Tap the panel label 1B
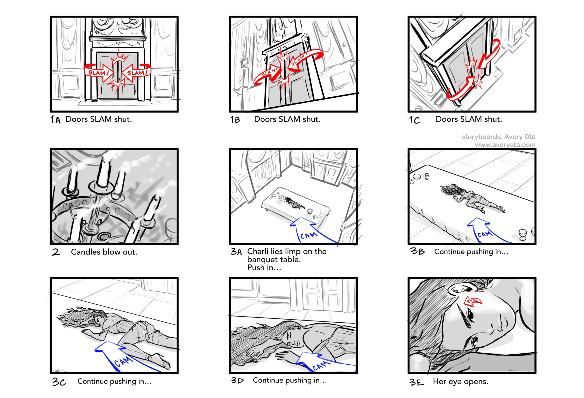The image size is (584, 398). tap(235, 120)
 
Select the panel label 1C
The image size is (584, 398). tap(414, 120)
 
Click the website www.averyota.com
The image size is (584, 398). tap(505, 145)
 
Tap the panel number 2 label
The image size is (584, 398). tap(56, 252)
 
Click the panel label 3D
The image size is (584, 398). tap(237, 381)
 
